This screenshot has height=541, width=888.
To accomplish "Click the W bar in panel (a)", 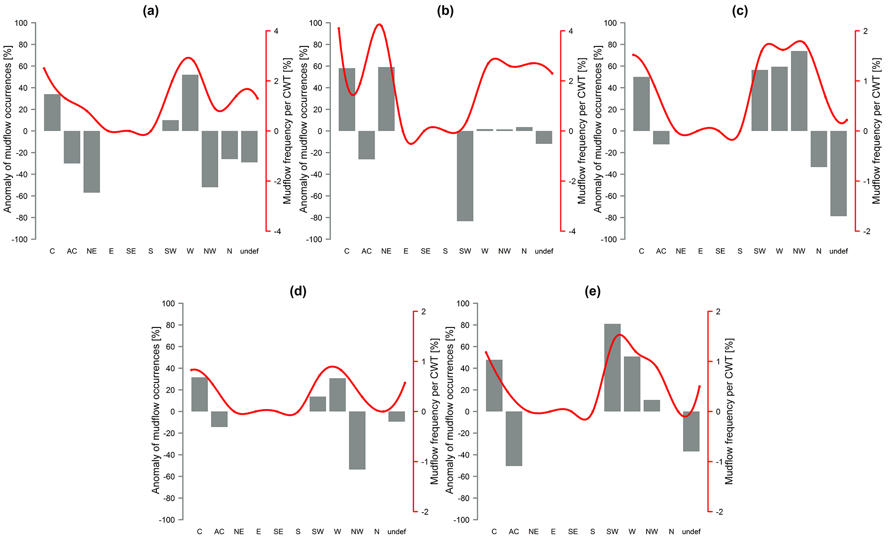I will tap(190, 103).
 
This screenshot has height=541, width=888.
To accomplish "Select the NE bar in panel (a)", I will tap(92, 162).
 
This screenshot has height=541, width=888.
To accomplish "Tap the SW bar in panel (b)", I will tap(465, 176).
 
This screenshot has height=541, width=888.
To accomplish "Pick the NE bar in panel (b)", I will tap(386, 99).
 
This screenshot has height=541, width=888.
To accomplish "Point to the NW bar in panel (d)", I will tap(357, 440).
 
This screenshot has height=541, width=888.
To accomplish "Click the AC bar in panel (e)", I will tap(514, 438).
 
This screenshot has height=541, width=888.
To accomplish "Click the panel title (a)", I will tap(151, 11).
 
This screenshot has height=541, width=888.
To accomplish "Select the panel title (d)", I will tap(298, 291).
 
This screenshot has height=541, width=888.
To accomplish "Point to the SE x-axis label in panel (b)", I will tap(425, 251).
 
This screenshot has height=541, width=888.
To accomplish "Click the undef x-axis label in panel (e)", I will tap(691, 532).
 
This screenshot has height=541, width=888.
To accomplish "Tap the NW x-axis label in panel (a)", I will tap(210, 251).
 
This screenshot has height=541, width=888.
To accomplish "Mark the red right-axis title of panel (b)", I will tap(582, 131).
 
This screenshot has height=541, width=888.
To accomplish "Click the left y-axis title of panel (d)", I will tap(156, 410).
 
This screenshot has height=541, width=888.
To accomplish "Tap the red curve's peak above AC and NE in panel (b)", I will tap(379, 24).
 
